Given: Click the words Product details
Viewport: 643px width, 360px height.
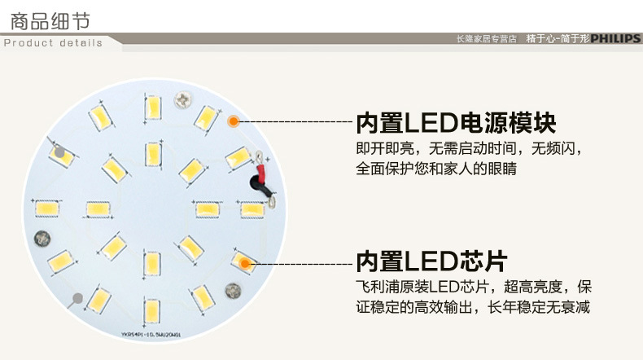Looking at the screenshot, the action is [54, 42].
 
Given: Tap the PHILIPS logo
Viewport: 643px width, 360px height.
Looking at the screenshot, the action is [616, 38].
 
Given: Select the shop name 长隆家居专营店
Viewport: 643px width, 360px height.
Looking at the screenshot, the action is [487, 38].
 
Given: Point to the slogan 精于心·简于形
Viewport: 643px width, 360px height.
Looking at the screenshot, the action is [557, 38].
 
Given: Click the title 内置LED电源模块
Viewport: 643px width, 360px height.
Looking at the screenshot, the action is [456, 123].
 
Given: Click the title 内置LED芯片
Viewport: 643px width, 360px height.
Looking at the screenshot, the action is [431, 261].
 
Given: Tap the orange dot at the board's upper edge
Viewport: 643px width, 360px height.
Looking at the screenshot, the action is [233, 121].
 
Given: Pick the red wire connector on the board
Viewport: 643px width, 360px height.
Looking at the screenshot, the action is [261, 173].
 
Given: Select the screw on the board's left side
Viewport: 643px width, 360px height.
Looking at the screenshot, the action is [42, 239].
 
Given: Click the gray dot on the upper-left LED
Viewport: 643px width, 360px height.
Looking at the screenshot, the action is [59, 152].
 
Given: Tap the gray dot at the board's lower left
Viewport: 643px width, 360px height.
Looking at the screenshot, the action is [78, 298].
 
